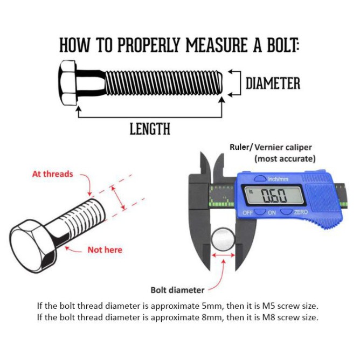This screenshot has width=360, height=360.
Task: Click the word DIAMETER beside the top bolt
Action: [x=273, y=84]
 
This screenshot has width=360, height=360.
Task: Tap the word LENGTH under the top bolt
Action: [x=150, y=129]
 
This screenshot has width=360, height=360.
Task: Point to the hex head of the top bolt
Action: [x=70, y=84]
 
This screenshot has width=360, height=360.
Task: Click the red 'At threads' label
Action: [x=52, y=174]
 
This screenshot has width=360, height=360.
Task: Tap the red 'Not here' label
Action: [x=105, y=250]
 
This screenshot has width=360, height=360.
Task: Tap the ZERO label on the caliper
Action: [x=301, y=212]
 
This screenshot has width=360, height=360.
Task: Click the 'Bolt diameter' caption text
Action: [x=177, y=290]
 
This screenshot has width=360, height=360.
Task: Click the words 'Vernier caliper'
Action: [x=283, y=147]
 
